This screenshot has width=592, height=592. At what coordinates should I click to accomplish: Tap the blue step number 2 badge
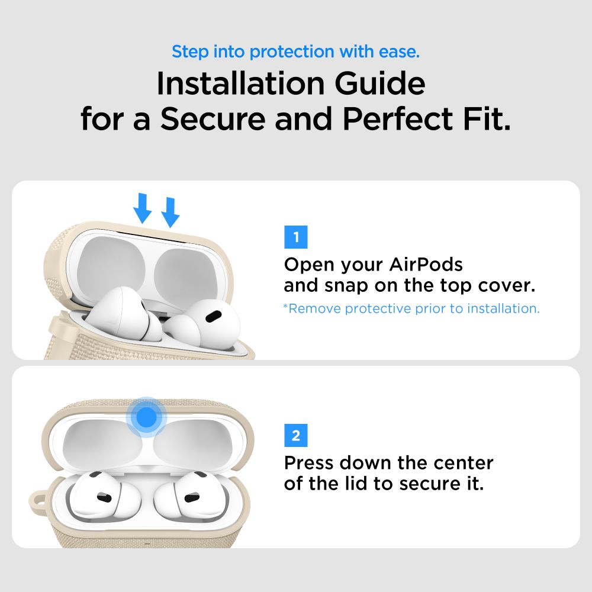(296, 436)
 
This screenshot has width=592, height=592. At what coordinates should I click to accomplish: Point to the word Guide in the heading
(385, 85)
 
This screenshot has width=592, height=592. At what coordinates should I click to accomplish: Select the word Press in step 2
(310, 462)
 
